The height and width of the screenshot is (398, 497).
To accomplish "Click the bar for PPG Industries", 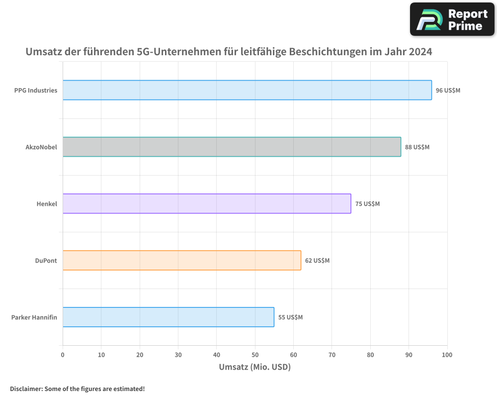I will tap(247, 90).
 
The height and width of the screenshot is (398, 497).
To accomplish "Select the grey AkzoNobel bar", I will tap(232, 147).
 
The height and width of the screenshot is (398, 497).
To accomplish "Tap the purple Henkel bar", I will tap(207, 203).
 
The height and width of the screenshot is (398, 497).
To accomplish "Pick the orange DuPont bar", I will tap(182, 260).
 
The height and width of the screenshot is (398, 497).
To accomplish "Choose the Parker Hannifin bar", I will tap(168, 317).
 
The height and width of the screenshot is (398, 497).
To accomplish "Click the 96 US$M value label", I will tap(448, 91).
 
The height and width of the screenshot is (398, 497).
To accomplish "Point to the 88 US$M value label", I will tap(417, 147).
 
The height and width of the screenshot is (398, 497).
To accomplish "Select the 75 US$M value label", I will tap(367, 204).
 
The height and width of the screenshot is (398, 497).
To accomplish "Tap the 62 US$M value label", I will tap(317, 261).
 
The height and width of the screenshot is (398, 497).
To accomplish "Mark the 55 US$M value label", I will tap(290, 317).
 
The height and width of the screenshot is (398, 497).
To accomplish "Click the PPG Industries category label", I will tap(36, 91).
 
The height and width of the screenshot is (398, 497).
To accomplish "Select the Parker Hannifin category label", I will tap(34, 317).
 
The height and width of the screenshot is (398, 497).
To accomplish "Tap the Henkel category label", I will tap(47, 204).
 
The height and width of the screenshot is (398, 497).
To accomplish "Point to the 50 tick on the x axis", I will tap(255, 355).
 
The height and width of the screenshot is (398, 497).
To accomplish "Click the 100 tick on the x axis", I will tap(447, 355).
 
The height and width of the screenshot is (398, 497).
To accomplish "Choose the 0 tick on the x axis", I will tap(63, 355).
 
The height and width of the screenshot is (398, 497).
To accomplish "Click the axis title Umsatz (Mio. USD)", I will tap(254, 367).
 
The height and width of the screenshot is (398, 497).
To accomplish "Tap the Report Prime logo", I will tap(452, 19).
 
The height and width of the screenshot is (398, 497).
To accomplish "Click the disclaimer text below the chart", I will tap(77, 389).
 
